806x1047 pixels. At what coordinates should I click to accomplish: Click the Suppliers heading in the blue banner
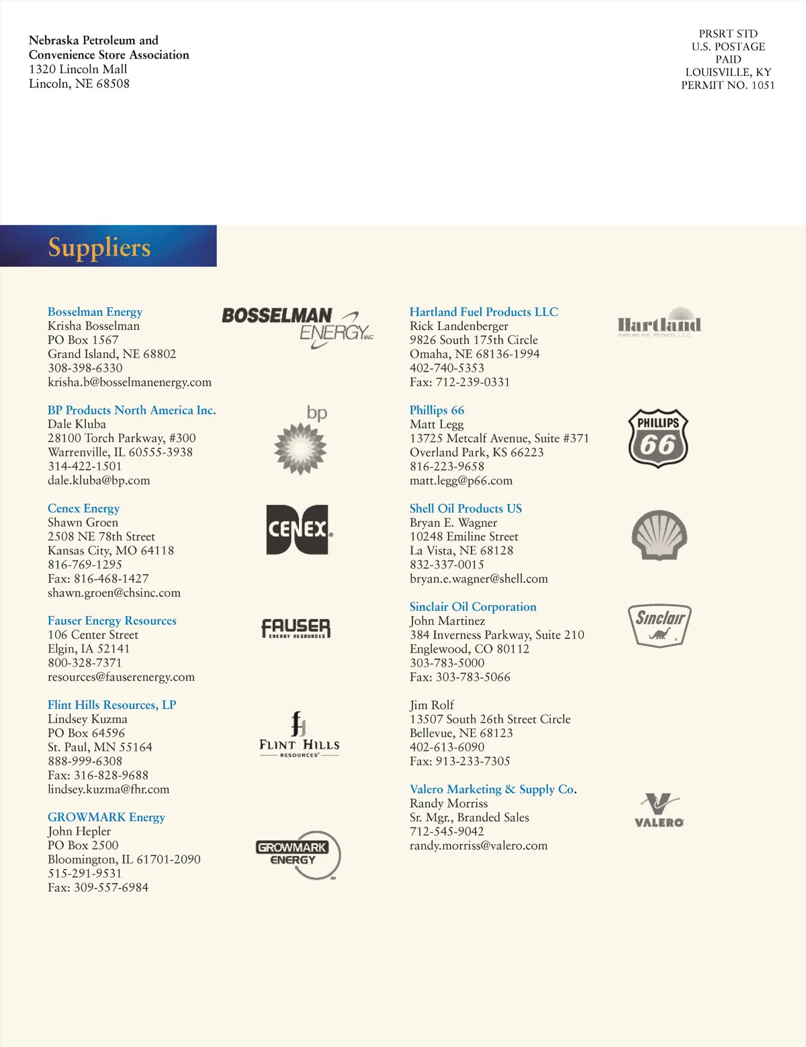pos(99,247)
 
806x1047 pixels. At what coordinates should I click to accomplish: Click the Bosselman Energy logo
pos(298,327)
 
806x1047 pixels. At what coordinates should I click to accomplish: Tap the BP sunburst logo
pos(301,441)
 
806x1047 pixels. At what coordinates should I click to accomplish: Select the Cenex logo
pos(298,530)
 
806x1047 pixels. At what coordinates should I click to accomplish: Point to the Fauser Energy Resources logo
pos(296,628)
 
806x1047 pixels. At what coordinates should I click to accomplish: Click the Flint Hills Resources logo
pos(299,735)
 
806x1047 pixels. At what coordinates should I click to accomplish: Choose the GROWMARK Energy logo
pos(298,855)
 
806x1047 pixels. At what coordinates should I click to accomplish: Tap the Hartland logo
pos(659,323)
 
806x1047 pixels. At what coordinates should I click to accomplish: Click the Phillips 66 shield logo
pos(658,438)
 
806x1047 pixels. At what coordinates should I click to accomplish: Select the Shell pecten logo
pos(659,535)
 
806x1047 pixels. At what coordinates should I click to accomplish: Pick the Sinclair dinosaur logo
pos(659,625)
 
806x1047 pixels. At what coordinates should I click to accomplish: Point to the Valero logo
pos(659,810)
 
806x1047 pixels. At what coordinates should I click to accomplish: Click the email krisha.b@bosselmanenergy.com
pos(130,382)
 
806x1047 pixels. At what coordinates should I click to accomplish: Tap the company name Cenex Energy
pos(83,509)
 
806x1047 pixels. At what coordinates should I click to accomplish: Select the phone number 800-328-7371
pos(85,663)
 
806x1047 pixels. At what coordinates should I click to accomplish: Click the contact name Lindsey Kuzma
pos(87,719)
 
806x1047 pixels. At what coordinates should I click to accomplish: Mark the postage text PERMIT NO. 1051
pos(727,85)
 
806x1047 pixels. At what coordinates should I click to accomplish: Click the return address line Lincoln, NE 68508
pos(79,84)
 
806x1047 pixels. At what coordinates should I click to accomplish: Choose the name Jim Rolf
pos(432,705)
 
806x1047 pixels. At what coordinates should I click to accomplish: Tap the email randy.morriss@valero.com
pos(478,845)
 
